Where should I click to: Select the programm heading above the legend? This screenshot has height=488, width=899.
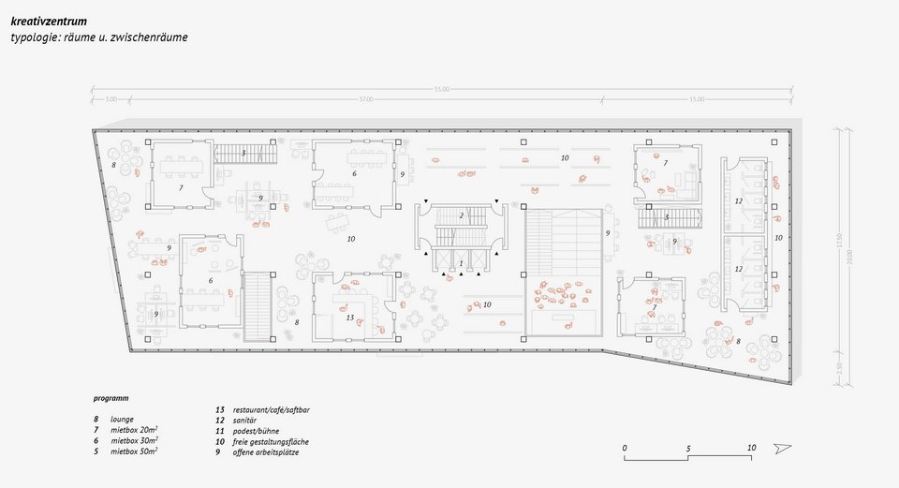[111, 398]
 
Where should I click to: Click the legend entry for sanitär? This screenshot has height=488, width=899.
[247, 421]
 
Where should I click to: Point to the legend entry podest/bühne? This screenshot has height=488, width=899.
[258, 431]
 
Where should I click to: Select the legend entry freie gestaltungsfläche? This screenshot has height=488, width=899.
[271, 441]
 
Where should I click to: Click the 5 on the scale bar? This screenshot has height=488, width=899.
[688, 449]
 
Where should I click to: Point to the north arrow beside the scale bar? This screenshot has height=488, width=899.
[783, 449]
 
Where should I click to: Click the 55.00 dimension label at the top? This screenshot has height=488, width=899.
[442, 89]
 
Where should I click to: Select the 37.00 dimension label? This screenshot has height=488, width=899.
[365, 99]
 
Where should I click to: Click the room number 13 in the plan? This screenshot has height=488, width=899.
[350, 318]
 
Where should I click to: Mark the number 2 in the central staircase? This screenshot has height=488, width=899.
[462, 216]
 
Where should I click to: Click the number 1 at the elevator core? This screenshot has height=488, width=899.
[461, 263]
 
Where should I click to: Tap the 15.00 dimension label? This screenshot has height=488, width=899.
[697, 99]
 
